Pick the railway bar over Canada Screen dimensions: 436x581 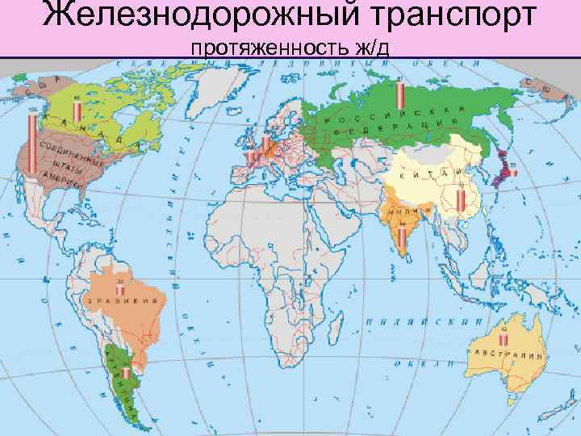click(77, 112)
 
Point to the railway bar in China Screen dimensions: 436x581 click(460, 198)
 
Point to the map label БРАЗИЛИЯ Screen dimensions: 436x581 click(124, 300)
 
